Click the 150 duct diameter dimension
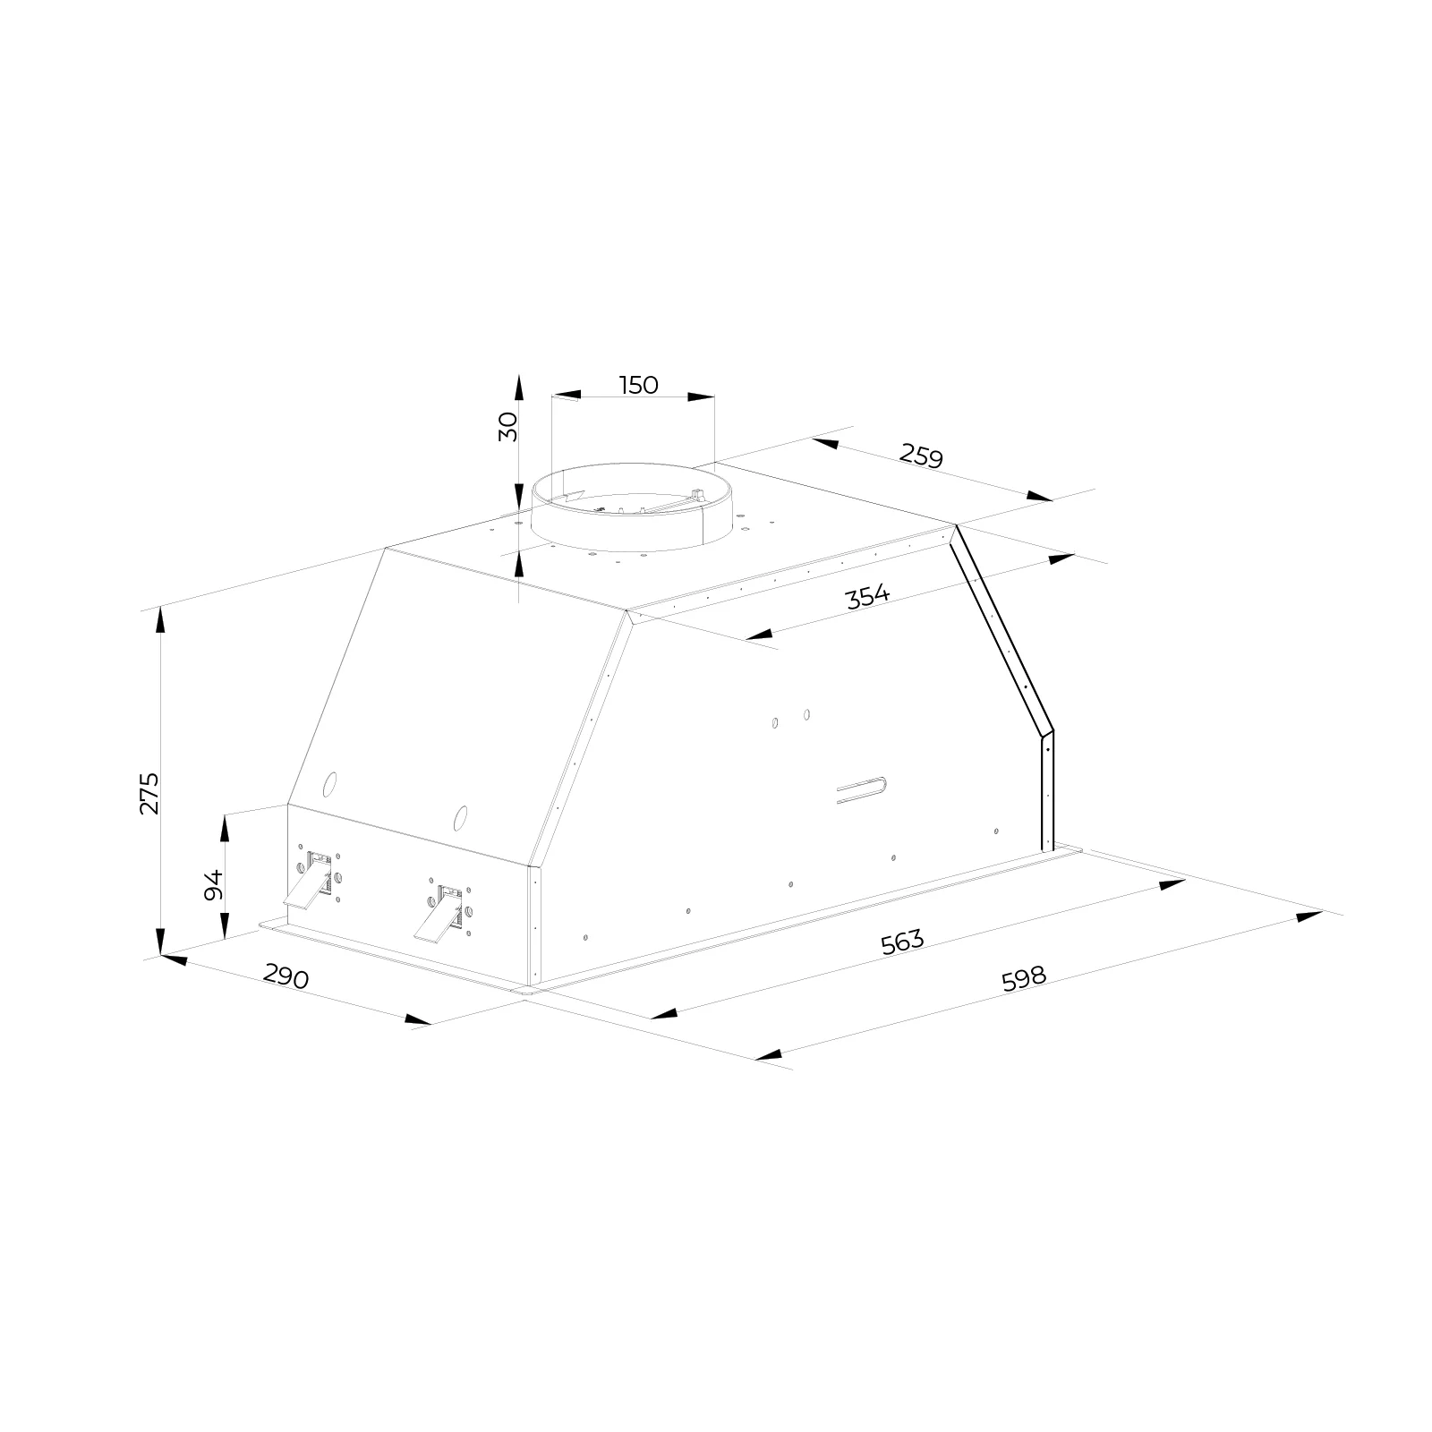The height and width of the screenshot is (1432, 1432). coord(639,385)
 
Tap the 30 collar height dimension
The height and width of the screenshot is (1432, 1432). coord(508,427)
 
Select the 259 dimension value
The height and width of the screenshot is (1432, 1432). coord(922,456)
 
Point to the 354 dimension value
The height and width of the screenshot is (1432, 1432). coord(868,596)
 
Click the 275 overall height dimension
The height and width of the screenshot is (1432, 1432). coord(149,792)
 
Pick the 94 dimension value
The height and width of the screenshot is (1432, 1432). coord(213,885)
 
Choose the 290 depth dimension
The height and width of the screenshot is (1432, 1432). coord(286,977)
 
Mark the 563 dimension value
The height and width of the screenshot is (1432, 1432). coord(901,942)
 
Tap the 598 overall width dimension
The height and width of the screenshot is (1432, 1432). coord(1024,977)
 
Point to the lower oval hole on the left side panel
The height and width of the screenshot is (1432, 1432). coord(460,816)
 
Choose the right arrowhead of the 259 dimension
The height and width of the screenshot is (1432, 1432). coord(1040,496)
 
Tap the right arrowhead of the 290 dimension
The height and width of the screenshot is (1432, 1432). coord(418,1019)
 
